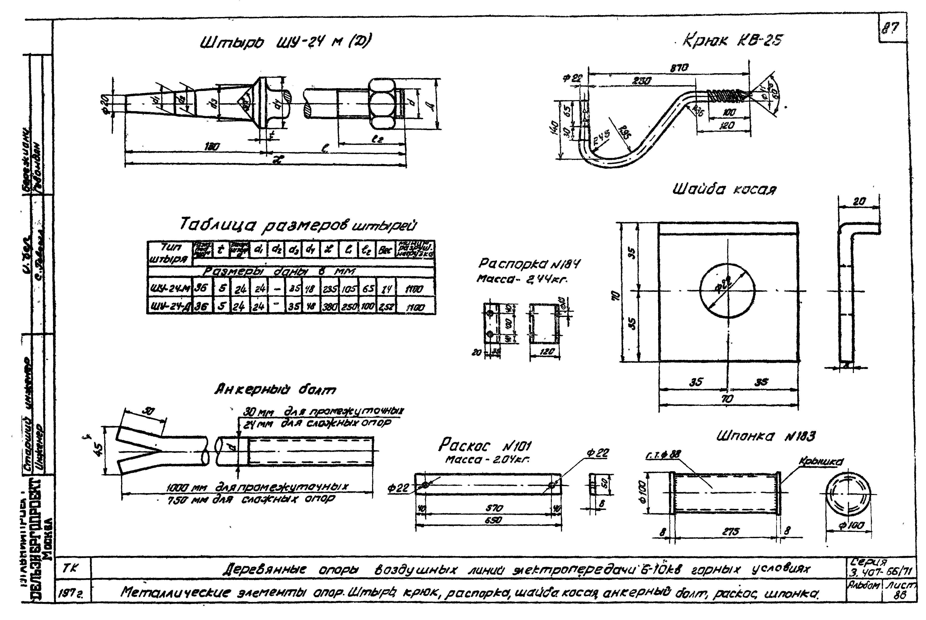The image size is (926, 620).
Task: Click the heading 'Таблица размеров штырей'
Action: [298, 225]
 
